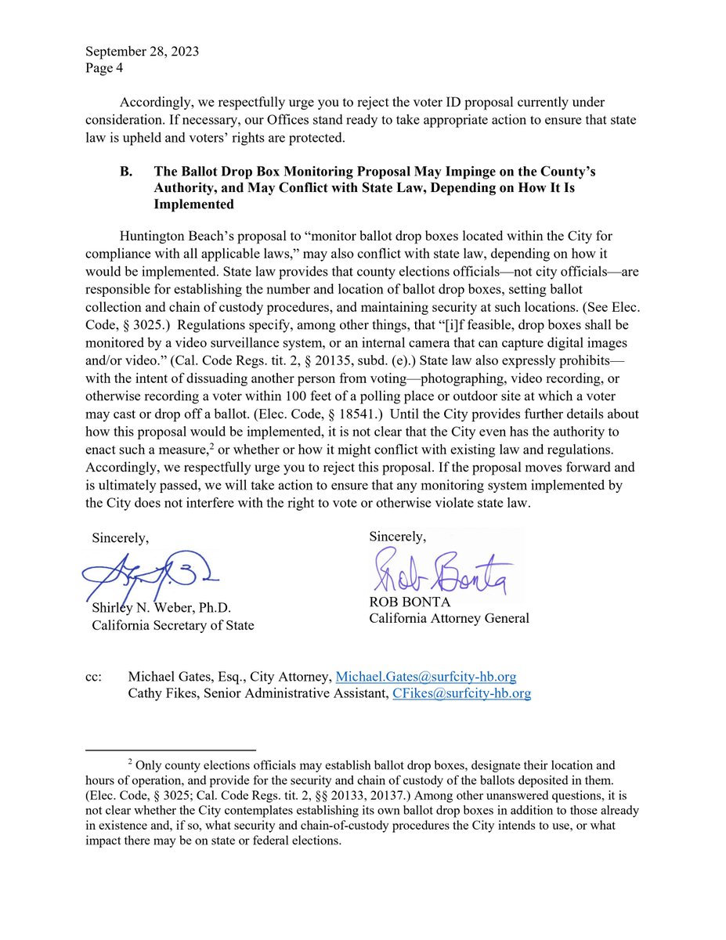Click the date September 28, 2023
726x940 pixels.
[x=142, y=52]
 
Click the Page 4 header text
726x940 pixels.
[x=103, y=67]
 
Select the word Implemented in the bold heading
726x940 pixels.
[x=194, y=204]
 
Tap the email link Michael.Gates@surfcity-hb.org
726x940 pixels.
[x=425, y=677]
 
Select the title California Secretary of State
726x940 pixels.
[x=172, y=625]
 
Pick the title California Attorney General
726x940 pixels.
[x=450, y=618]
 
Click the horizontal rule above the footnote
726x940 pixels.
[x=171, y=750]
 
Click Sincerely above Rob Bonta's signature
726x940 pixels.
[x=398, y=537]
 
